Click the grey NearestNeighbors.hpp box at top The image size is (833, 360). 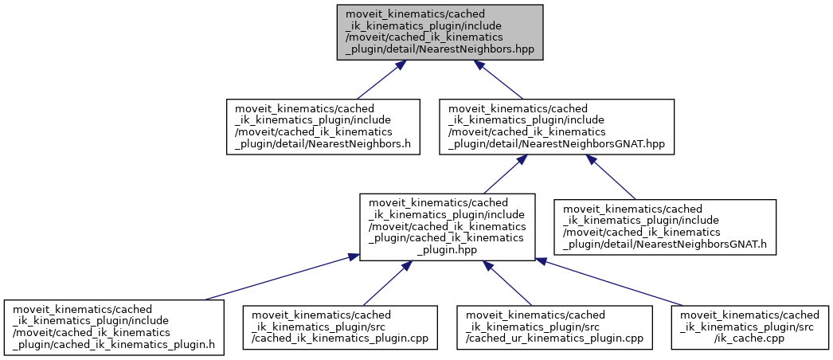point(439,31)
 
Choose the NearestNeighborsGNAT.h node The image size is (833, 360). point(665,226)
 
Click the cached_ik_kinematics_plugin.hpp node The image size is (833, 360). point(446,226)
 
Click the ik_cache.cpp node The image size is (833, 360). point(749,327)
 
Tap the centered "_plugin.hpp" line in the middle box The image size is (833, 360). point(446,249)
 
